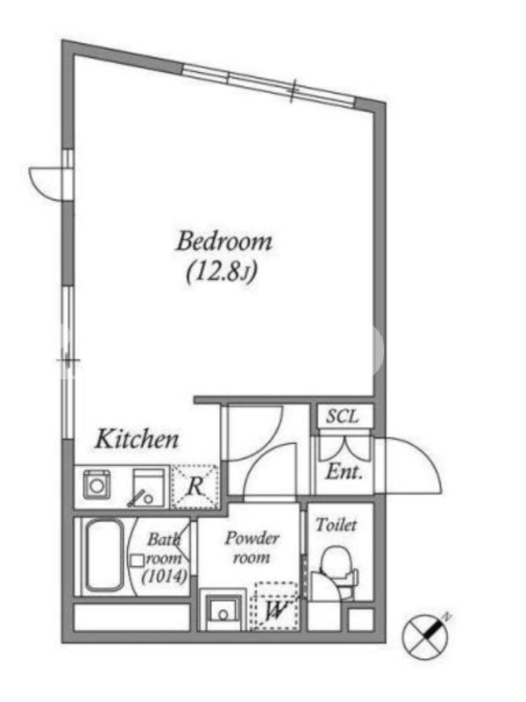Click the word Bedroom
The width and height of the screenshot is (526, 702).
[224, 242]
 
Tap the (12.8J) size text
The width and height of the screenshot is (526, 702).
[222, 272]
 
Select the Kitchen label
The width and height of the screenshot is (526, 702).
[137, 440]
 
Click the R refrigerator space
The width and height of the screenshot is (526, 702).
[195, 487]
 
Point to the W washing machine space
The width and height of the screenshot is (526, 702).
[274, 606]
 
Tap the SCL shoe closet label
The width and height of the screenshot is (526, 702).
[342, 416]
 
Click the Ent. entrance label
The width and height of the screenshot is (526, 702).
[344, 471]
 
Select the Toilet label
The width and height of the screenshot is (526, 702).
[337, 525]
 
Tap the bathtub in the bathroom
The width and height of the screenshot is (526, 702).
[104, 556]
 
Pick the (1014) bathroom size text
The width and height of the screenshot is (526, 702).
[164, 577]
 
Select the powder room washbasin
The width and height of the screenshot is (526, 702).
[223, 610]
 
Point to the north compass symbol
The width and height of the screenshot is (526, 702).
[425, 635]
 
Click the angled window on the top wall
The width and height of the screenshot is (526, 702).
[269, 85]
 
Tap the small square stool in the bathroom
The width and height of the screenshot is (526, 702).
[138, 561]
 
